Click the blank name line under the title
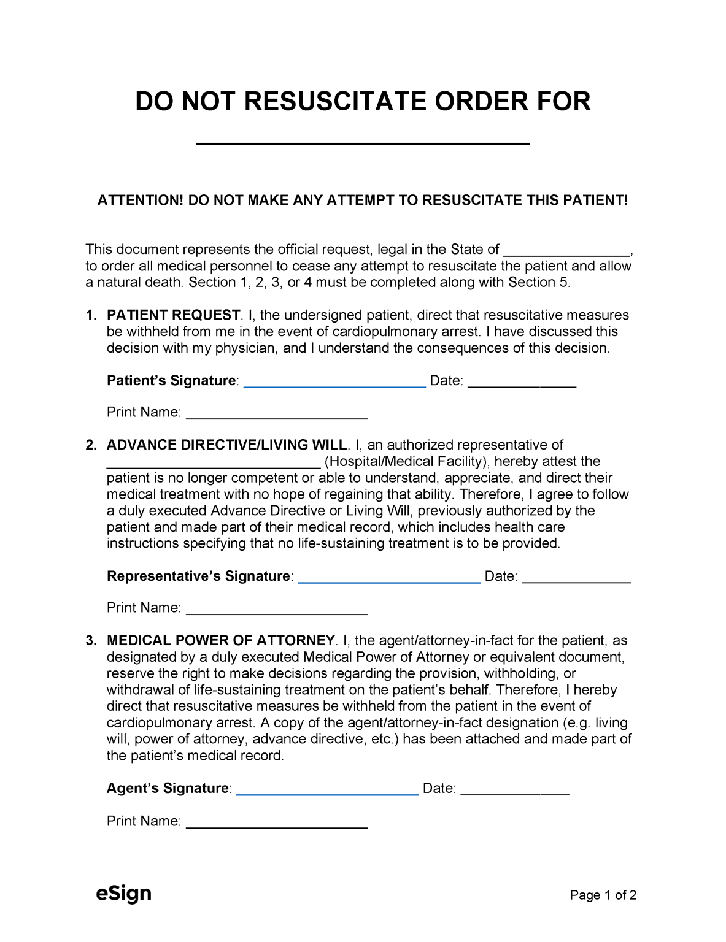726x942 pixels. (362, 140)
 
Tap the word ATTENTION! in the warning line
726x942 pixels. (141, 201)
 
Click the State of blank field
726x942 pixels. (566, 251)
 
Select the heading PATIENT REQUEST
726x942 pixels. (173, 315)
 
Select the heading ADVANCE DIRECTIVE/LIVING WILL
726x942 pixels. (226, 445)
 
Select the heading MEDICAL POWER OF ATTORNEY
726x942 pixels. (220, 641)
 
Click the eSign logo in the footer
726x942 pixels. (123, 894)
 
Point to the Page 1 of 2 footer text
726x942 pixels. (603, 895)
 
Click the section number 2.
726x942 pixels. (91, 445)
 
